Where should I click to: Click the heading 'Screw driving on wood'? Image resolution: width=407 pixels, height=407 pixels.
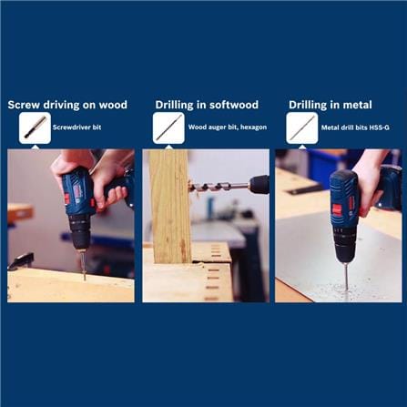(67, 105)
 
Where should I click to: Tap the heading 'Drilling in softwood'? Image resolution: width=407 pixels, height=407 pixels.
(207, 105)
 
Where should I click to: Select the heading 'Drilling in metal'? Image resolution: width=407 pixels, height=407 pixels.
(331, 105)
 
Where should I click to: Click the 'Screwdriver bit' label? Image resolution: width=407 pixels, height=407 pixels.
(76, 127)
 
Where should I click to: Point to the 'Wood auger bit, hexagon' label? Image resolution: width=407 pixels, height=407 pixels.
(228, 127)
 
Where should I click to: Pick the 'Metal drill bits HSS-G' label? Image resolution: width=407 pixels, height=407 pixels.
(355, 127)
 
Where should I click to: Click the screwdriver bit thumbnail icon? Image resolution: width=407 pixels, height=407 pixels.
(35, 127)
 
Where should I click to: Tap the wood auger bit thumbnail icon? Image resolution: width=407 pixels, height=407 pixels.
(168, 127)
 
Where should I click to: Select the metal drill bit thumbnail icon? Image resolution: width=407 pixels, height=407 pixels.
(302, 127)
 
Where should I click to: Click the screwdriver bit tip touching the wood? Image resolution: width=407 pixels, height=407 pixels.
(85, 279)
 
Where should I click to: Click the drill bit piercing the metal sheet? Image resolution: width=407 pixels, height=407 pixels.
(346, 276)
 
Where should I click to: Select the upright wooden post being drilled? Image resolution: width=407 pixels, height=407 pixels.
(170, 207)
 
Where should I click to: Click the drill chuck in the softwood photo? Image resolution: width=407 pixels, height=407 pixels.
(259, 185)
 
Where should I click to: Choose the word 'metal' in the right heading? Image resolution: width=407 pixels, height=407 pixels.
(357, 105)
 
